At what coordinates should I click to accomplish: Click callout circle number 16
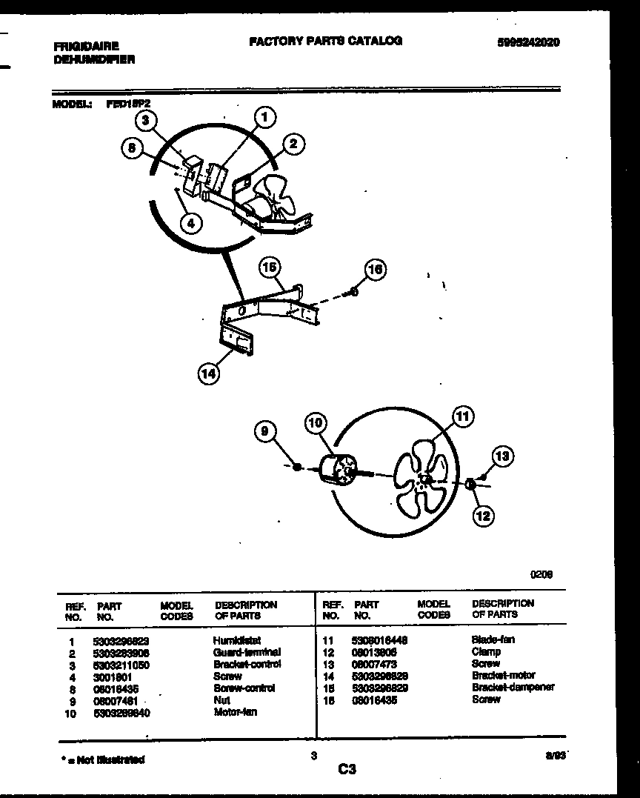375,269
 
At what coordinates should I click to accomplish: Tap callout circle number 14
209,375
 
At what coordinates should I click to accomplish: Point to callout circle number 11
463,417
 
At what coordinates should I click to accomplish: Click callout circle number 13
503,456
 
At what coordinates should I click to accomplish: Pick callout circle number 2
293,144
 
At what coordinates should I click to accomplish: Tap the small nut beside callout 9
296,467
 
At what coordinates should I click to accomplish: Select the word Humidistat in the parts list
236,639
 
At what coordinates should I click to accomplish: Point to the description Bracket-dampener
513,687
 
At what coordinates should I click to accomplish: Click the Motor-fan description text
235,712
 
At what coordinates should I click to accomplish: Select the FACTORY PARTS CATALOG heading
325,41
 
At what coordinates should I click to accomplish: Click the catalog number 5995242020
528,42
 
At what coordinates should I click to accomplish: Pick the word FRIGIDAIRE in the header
86,46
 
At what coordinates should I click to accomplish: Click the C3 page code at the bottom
347,771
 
